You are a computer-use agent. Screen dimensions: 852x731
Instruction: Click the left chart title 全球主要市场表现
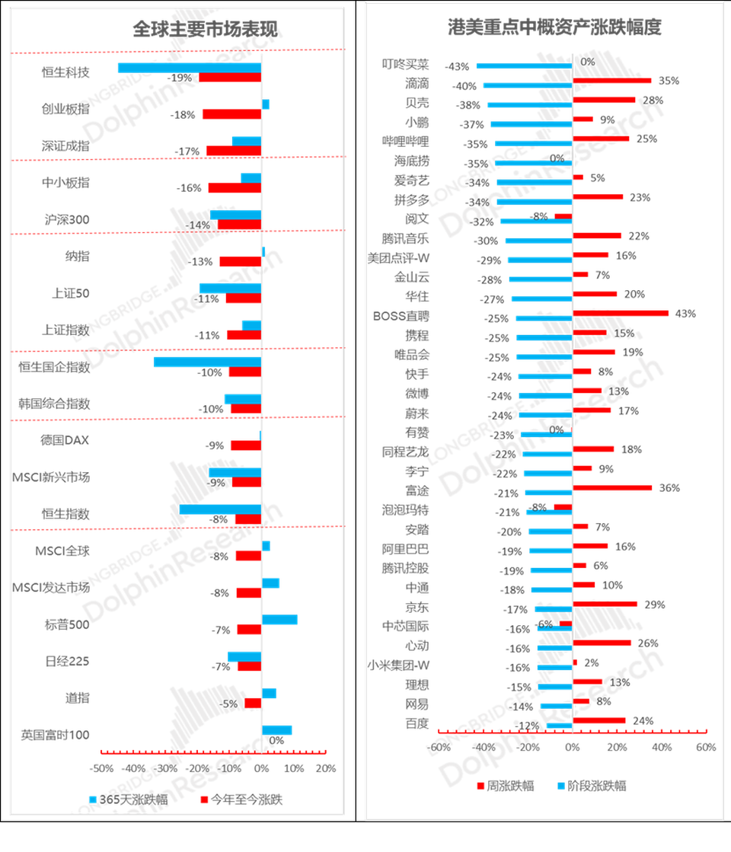[206, 29]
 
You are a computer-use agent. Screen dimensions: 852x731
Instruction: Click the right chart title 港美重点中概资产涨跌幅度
[554, 27]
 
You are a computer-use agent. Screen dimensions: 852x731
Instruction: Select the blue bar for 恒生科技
[188, 67]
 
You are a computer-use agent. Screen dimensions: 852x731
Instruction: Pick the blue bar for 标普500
[280, 620]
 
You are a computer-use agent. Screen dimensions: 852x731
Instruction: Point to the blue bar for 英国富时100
[277, 729]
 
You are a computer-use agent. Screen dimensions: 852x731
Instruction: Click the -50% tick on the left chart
[101, 767]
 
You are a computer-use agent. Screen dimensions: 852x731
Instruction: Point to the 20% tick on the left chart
[326, 767]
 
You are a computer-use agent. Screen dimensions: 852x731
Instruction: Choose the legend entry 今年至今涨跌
[241, 799]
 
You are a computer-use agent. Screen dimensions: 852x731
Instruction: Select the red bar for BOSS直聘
[621, 313]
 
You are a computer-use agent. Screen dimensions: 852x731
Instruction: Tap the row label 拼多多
[406, 199]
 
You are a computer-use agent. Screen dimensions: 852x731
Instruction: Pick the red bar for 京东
[605, 604]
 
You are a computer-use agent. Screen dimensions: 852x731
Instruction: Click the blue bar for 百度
[559, 726]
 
